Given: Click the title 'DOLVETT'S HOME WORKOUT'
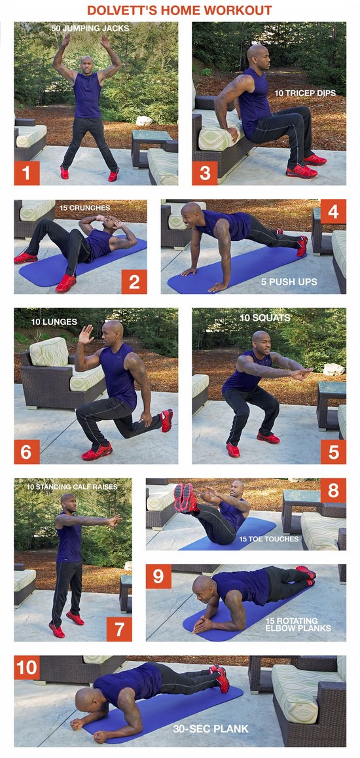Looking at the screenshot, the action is [x=179, y=10].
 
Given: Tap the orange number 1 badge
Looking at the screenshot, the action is [x=27, y=173].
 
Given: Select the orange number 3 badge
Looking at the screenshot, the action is [x=205, y=173].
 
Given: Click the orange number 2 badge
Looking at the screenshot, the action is [x=134, y=281].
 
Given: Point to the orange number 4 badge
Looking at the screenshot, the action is [x=333, y=211].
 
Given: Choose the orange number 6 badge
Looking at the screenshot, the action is [x=27, y=452].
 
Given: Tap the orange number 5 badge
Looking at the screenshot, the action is [x=333, y=452].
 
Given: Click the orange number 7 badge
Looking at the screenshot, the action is [x=119, y=629].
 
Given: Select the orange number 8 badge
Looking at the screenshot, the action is [x=333, y=491].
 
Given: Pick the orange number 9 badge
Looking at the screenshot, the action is [x=158, y=577].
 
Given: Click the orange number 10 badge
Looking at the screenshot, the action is [x=27, y=668].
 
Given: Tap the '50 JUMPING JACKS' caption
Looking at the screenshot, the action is [x=90, y=29].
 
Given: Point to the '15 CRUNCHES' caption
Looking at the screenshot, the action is [x=85, y=208].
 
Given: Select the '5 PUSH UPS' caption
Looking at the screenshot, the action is [x=289, y=282].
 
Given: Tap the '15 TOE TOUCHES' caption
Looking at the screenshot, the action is [x=268, y=539].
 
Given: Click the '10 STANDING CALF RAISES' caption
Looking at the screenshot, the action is [x=72, y=487].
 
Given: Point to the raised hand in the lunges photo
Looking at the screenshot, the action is [x=86, y=334].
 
